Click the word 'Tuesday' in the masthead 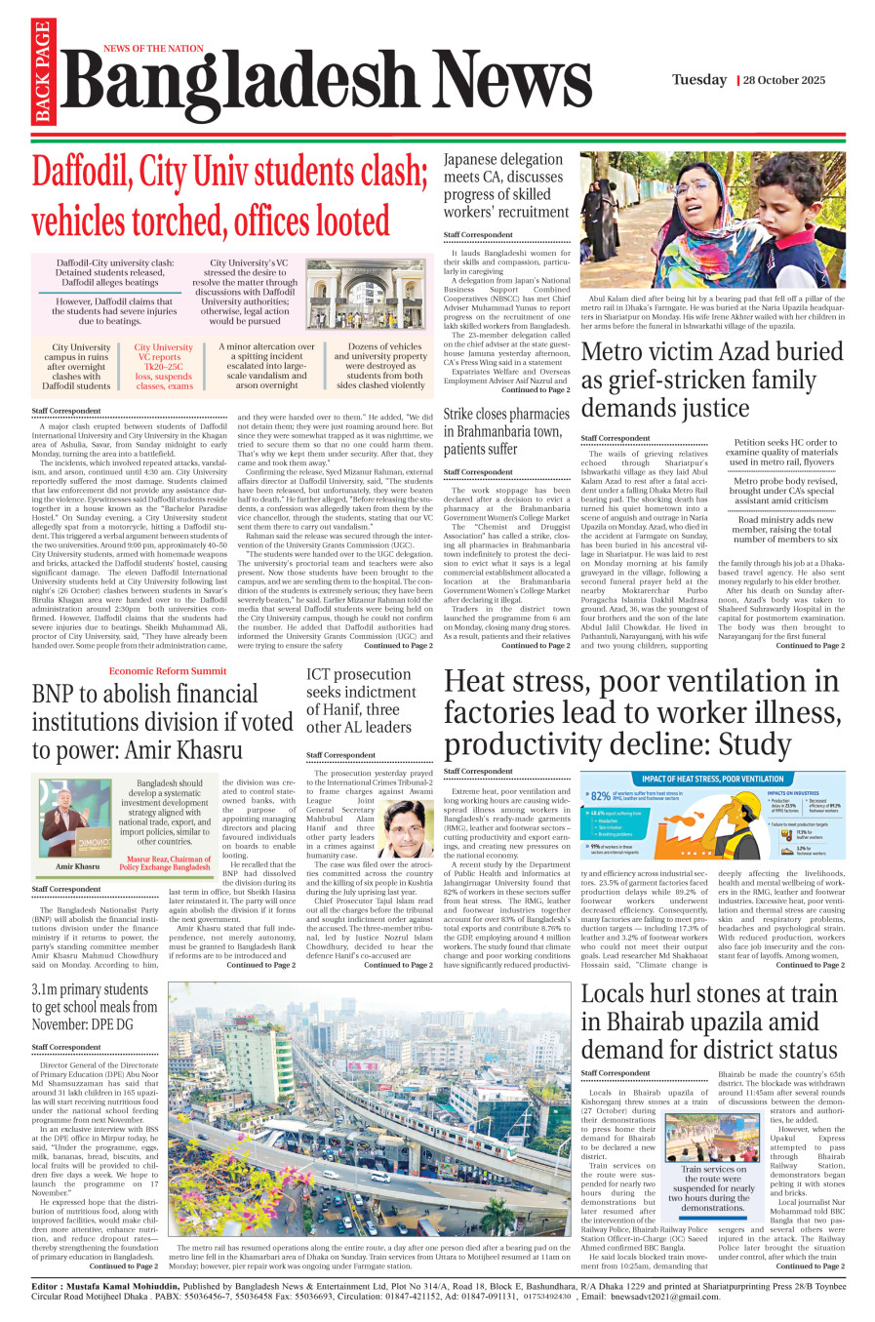coord(698,80)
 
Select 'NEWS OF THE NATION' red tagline coord(153,48)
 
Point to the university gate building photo coord(369,294)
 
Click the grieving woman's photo coord(712,220)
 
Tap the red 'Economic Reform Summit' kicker coord(168,671)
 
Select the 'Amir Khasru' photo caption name coord(77,865)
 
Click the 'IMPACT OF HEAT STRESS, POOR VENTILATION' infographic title coord(713,779)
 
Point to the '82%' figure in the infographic coord(601,796)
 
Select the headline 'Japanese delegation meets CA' coord(505,185)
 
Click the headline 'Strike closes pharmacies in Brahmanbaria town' coord(505,431)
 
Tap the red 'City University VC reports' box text coord(164,366)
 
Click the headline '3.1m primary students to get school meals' coord(95,1007)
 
